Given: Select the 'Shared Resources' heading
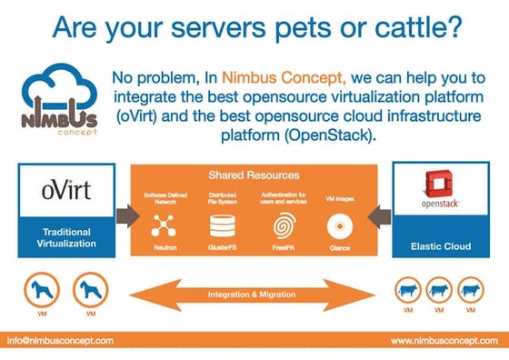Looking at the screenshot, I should [254, 174].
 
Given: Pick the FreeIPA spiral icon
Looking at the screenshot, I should [284, 222].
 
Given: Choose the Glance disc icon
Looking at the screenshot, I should [340, 222].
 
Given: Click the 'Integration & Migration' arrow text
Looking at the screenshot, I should [254, 295].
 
